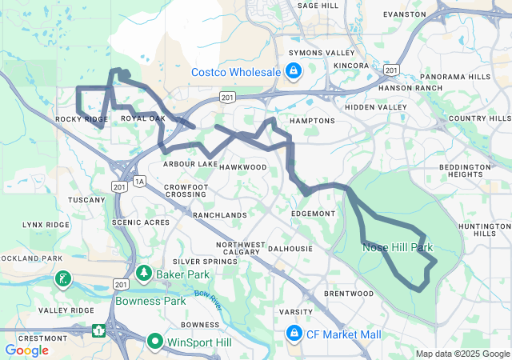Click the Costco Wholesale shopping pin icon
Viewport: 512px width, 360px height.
click(x=294, y=73)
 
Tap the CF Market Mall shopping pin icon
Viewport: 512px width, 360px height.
click(x=294, y=333)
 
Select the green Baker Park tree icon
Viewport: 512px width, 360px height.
click(x=144, y=274)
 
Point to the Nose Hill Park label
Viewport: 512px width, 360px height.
click(x=398, y=248)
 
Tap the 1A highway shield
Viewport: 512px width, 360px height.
click(x=139, y=182)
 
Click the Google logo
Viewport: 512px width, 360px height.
click(x=26, y=350)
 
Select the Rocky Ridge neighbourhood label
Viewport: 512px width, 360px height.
click(x=82, y=119)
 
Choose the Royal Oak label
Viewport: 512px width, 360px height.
click(x=142, y=118)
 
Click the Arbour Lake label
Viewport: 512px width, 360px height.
click(x=190, y=164)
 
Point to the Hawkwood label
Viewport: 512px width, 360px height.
click(x=242, y=167)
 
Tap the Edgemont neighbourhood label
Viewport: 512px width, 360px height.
click(x=314, y=214)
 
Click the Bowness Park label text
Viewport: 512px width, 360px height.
click(x=150, y=302)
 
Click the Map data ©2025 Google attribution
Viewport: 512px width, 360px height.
click(x=462, y=354)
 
